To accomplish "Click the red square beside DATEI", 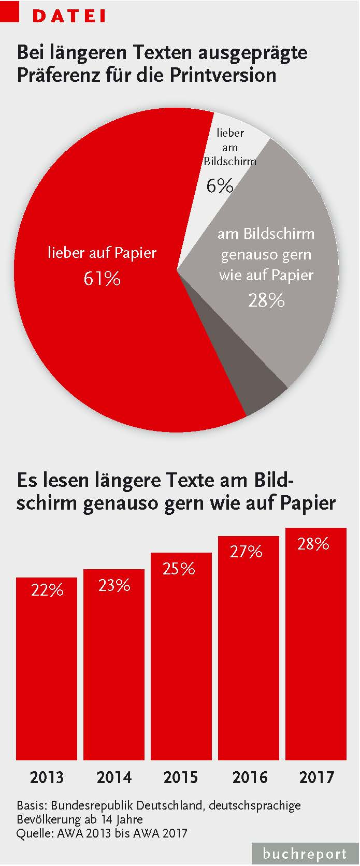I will (x=10, y=11).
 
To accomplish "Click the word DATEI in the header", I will (x=69, y=16).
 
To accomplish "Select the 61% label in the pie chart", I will (x=102, y=279).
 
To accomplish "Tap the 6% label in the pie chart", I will (x=220, y=185).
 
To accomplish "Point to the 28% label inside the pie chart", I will (x=266, y=300).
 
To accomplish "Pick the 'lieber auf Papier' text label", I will (x=102, y=253).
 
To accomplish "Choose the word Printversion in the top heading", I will (x=223, y=75).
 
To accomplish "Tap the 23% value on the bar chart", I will (x=114, y=585).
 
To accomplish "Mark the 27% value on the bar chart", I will (x=246, y=552).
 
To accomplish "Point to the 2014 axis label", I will (x=114, y=777).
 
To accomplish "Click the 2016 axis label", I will (x=249, y=777).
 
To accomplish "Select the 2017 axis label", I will (x=316, y=777).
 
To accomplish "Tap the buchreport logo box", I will (x=305, y=854).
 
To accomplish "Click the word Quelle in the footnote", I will (x=31, y=833).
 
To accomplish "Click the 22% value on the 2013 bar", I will (x=47, y=590).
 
